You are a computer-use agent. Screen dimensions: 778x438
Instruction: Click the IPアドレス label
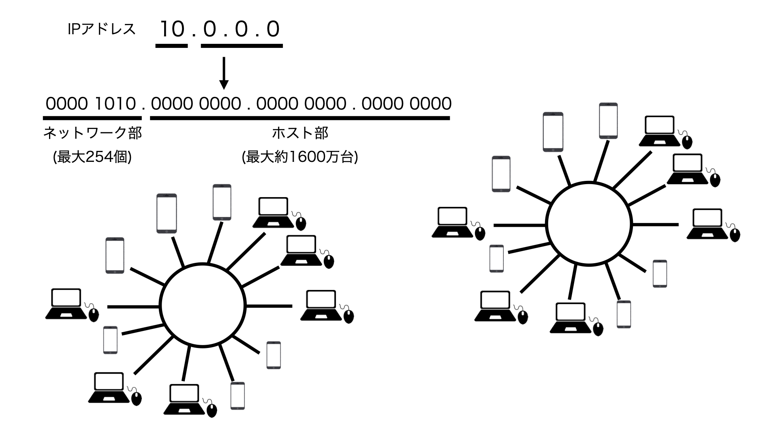pyautogui.click(x=102, y=29)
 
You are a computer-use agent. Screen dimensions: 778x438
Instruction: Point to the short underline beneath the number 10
pyautogui.click(x=172, y=46)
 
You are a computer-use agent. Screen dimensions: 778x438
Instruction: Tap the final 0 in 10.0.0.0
pyautogui.click(x=273, y=29)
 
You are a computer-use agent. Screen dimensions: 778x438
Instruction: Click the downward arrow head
pyautogui.click(x=224, y=84)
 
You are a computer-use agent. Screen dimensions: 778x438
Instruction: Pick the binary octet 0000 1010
pyautogui.click(x=90, y=104)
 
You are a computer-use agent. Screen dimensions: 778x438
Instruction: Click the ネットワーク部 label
pyautogui.click(x=92, y=133)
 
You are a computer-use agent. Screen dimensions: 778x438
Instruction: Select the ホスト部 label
pyautogui.click(x=300, y=133)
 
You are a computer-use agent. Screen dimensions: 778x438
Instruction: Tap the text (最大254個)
pyautogui.click(x=92, y=157)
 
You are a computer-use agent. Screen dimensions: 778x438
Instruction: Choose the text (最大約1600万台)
pyautogui.click(x=300, y=157)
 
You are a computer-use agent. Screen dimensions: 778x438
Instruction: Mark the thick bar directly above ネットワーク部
pyautogui.click(x=92, y=118)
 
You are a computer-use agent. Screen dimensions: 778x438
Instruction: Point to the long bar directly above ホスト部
pyautogui.click(x=300, y=118)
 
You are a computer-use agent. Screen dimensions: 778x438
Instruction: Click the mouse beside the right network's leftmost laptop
pyautogui.click(x=480, y=233)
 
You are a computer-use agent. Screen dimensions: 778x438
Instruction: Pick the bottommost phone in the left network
pyautogui.click(x=237, y=395)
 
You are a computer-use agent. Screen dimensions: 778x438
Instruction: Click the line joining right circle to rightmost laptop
pyautogui.click(x=655, y=224)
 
